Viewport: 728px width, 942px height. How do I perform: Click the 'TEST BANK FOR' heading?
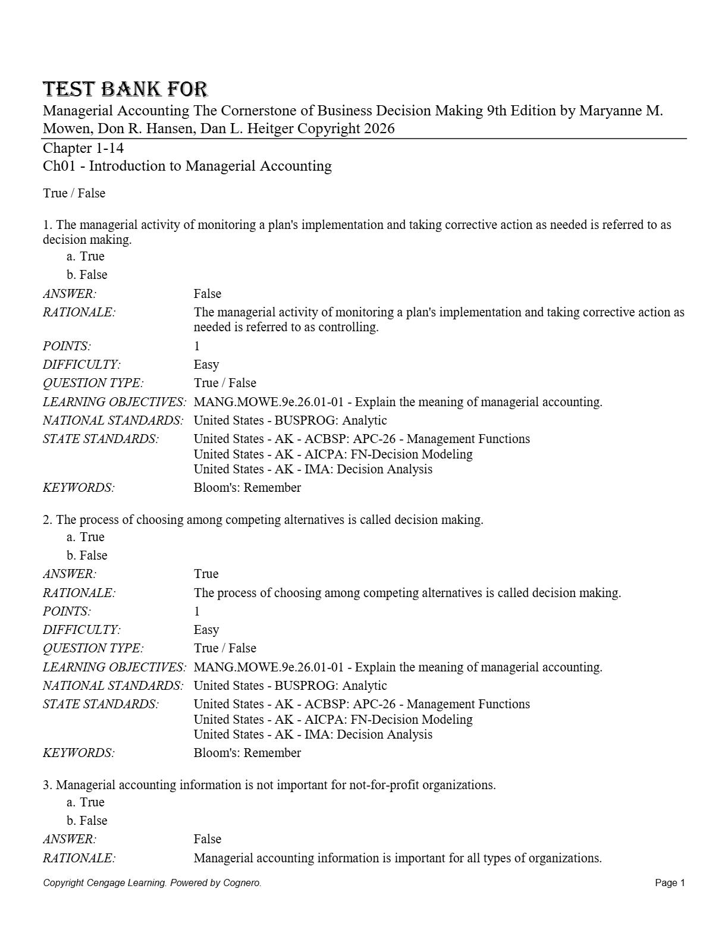pos(125,89)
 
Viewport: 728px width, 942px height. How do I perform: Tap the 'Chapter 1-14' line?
pos(83,148)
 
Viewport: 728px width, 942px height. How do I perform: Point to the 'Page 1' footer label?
pos(670,883)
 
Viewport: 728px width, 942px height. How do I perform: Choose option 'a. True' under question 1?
pos(86,256)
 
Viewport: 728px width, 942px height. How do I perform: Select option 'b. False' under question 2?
pos(87,555)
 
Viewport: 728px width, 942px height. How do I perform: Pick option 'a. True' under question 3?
pos(86,802)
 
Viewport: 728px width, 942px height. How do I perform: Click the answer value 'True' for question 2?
pos(206,574)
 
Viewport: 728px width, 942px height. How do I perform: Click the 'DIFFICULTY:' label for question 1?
pos(81,365)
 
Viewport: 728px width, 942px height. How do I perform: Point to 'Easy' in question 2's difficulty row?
pos(206,630)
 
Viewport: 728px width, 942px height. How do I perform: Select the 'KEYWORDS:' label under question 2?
pos(79,753)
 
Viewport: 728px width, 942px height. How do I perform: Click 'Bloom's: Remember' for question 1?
pos(247,488)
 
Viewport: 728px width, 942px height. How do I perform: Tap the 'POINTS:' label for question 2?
pos(67,611)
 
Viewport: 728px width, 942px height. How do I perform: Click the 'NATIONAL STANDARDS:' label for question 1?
pos(113,420)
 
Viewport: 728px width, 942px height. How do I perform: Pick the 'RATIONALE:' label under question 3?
pos(79,858)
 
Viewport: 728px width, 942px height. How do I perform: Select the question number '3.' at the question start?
pos(48,785)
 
